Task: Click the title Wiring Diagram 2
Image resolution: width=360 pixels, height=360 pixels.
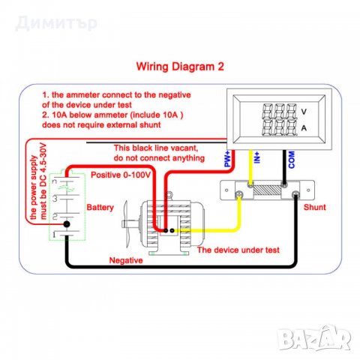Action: click(x=179, y=65)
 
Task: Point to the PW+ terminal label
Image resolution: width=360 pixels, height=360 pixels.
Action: click(x=226, y=159)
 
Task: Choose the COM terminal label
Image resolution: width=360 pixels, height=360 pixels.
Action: click(x=290, y=159)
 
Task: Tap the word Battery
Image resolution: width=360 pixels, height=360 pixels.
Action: click(x=100, y=205)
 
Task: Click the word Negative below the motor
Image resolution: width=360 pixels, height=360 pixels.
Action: click(x=127, y=260)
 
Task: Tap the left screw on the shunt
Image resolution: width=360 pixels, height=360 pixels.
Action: click(x=239, y=196)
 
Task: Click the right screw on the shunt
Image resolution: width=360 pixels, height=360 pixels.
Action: click(x=296, y=196)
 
